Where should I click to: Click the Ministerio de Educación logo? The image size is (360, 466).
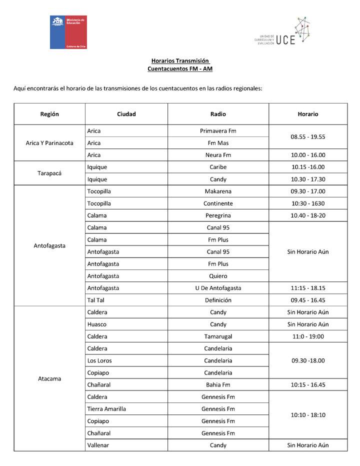(x=68, y=32)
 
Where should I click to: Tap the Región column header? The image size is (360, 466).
(x=49, y=114)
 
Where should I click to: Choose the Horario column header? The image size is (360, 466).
(x=307, y=114)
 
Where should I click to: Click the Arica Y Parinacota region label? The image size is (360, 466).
(x=49, y=143)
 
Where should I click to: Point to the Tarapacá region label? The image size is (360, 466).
(x=49, y=173)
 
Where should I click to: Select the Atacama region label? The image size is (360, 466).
(x=49, y=378)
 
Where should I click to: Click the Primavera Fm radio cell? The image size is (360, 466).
(x=218, y=131)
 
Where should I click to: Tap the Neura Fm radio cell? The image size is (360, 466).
(x=218, y=155)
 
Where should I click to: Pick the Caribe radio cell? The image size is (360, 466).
(x=218, y=167)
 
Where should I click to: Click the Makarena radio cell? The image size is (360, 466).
(x=218, y=191)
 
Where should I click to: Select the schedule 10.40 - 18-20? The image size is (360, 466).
(x=307, y=215)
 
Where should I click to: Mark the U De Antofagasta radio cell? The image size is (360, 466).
(x=218, y=288)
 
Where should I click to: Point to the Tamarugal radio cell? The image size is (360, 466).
(x=218, y=336)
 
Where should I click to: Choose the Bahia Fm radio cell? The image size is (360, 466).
(x=218, y=384)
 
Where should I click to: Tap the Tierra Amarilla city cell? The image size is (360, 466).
(x=106, y=409)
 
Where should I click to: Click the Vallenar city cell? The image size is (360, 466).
(x=98, y=445)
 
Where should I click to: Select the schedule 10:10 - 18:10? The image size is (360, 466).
(x=307, y=415)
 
